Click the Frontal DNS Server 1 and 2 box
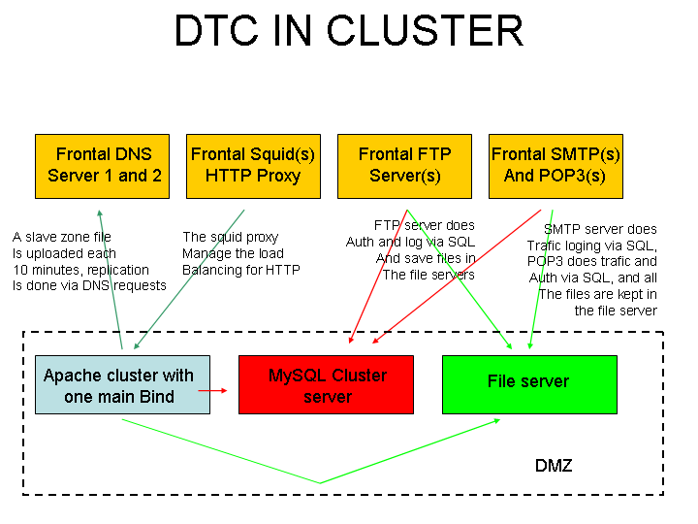(x=104, y=165)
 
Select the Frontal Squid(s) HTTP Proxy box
(x=253, y=165)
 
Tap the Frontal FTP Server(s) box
(x=404, y=165)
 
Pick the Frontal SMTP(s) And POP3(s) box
(x=555, y=165)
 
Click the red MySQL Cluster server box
(x=327, y=385)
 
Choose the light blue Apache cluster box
(x=118, y=385)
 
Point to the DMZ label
(x=554, y=466)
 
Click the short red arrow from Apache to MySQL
(x=213, y=390)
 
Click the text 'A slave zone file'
(x=62, y=237)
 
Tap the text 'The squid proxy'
(x=230, y=237)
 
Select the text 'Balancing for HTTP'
(x=240, y=270)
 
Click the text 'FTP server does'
(x=424, y=225)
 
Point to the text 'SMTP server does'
(x=600, y=229)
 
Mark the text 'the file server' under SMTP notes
(x=615, y=311)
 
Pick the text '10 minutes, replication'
(x=81, y=270)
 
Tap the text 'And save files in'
(x=426, y=258)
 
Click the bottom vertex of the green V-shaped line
(x=320, y=482)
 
